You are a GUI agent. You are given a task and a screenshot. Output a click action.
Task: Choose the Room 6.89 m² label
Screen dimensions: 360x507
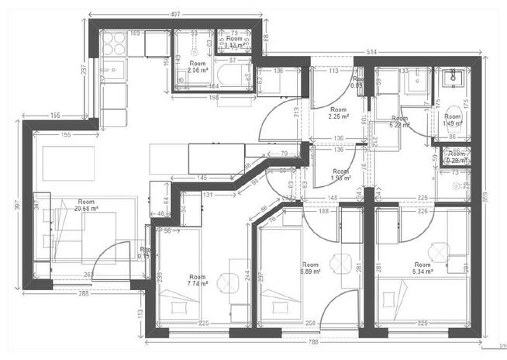[310, 269]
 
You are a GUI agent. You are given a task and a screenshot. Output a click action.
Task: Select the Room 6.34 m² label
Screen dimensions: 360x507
[422, 268]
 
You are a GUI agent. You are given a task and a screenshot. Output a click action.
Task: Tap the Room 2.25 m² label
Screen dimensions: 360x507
[338, 114]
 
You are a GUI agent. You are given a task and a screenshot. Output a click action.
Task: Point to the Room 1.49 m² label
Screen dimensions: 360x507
[452, 120]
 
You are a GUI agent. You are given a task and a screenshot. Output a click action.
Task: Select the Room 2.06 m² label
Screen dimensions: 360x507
[198, 67]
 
